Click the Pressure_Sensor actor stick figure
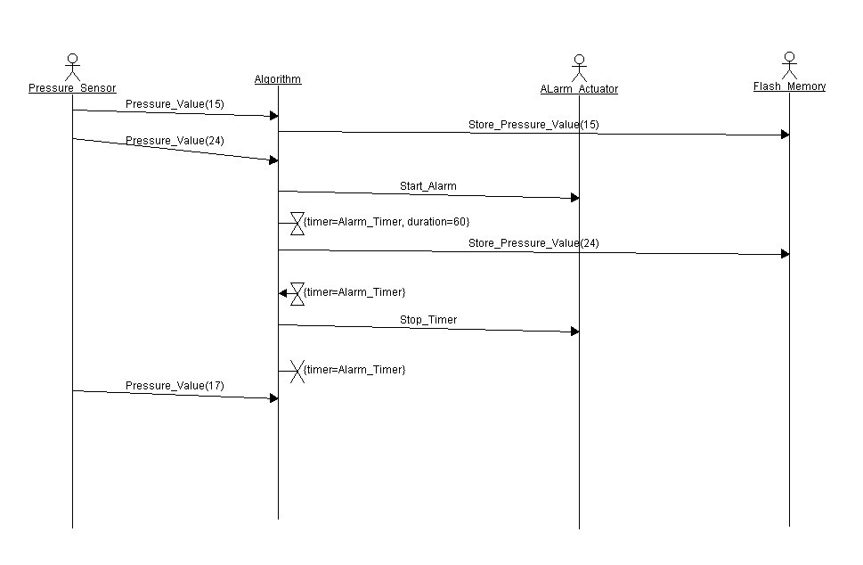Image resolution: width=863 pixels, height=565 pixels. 73,68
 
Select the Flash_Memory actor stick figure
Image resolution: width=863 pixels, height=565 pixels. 788,66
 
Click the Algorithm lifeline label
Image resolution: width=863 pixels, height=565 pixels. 278,79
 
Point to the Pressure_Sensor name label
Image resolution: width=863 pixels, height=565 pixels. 72,88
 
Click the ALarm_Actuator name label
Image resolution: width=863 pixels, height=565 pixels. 579,89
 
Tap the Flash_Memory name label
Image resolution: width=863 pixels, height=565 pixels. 789,86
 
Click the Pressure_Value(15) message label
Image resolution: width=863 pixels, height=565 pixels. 175,104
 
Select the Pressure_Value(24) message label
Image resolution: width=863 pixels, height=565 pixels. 175,141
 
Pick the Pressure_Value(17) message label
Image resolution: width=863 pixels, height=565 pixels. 175,386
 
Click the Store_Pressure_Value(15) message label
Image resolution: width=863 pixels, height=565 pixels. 533,125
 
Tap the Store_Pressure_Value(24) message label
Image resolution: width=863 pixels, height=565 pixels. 533,243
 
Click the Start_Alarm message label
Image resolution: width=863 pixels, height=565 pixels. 427,186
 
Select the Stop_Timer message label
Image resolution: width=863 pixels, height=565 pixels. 427,319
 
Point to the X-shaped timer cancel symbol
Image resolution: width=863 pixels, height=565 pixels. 297,371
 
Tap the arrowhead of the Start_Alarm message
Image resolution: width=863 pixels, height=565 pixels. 575,198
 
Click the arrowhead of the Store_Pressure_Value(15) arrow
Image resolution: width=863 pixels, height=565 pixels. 785,135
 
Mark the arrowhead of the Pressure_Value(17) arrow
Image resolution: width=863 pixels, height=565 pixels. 274,398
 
